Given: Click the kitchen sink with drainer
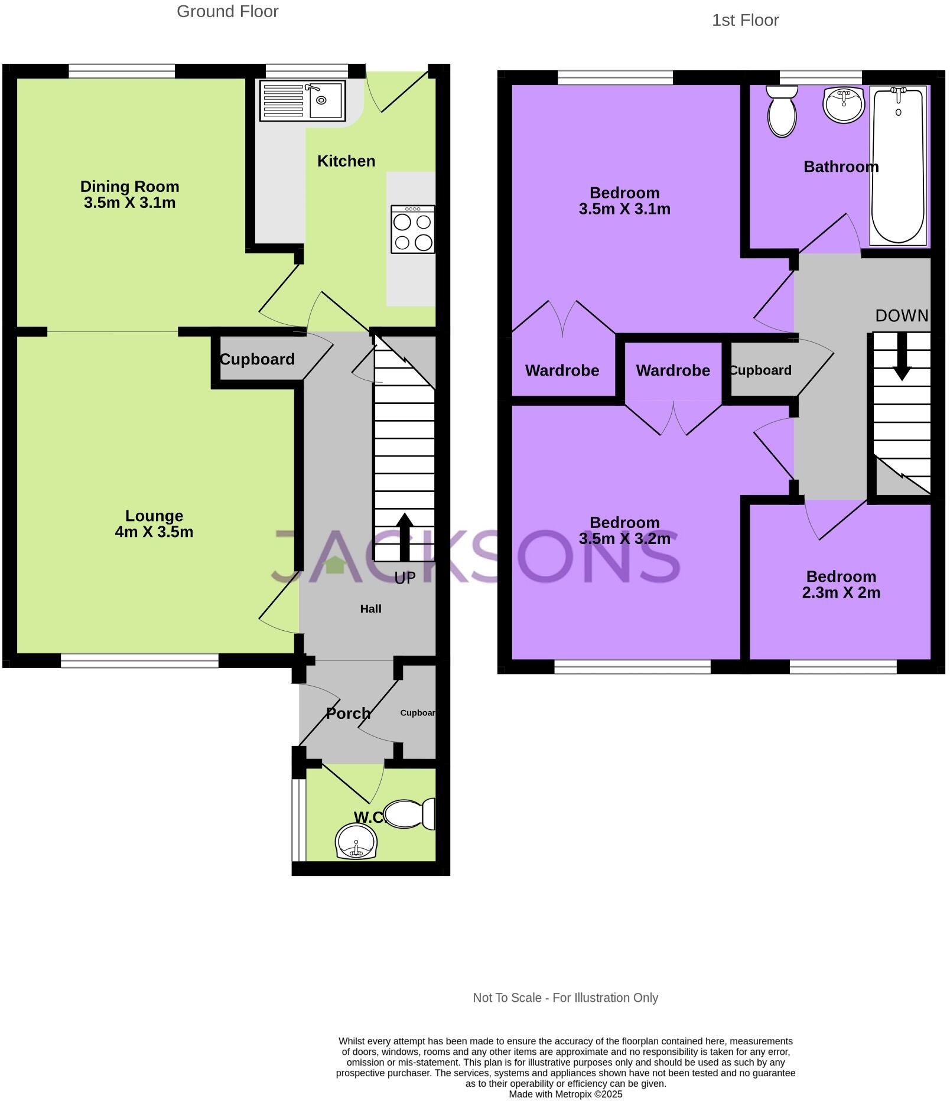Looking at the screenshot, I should (x=302, y=100).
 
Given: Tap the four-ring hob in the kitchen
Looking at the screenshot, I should (x=412, y=230).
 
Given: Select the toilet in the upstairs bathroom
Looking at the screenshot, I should (x=782, y=111).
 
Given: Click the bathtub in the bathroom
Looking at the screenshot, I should (x=897, y=165).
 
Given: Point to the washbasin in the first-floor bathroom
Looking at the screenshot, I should (x=844, y=105).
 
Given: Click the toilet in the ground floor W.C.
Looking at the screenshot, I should (x=409, y=814).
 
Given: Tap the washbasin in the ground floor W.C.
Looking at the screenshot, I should (x=356, y=841).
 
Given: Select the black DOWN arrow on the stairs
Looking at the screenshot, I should (x=902, y=357).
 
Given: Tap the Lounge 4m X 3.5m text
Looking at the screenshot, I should (x=154, y=523).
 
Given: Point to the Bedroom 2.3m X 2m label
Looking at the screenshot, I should (x=841, y=584).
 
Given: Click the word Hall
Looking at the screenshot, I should (x=370, y=608).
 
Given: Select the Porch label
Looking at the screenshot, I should (x=348, y=713).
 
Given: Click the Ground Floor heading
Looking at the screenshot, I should (x=227, y=11).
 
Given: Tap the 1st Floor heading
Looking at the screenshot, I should (x=745, y=20).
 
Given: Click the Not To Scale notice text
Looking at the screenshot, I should (x=565, y=998).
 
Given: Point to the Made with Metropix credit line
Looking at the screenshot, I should (x=565, y=1094).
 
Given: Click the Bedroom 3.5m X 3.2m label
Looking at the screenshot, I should (x=624, y=530).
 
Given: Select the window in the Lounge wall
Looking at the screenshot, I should (x=139, y=660).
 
